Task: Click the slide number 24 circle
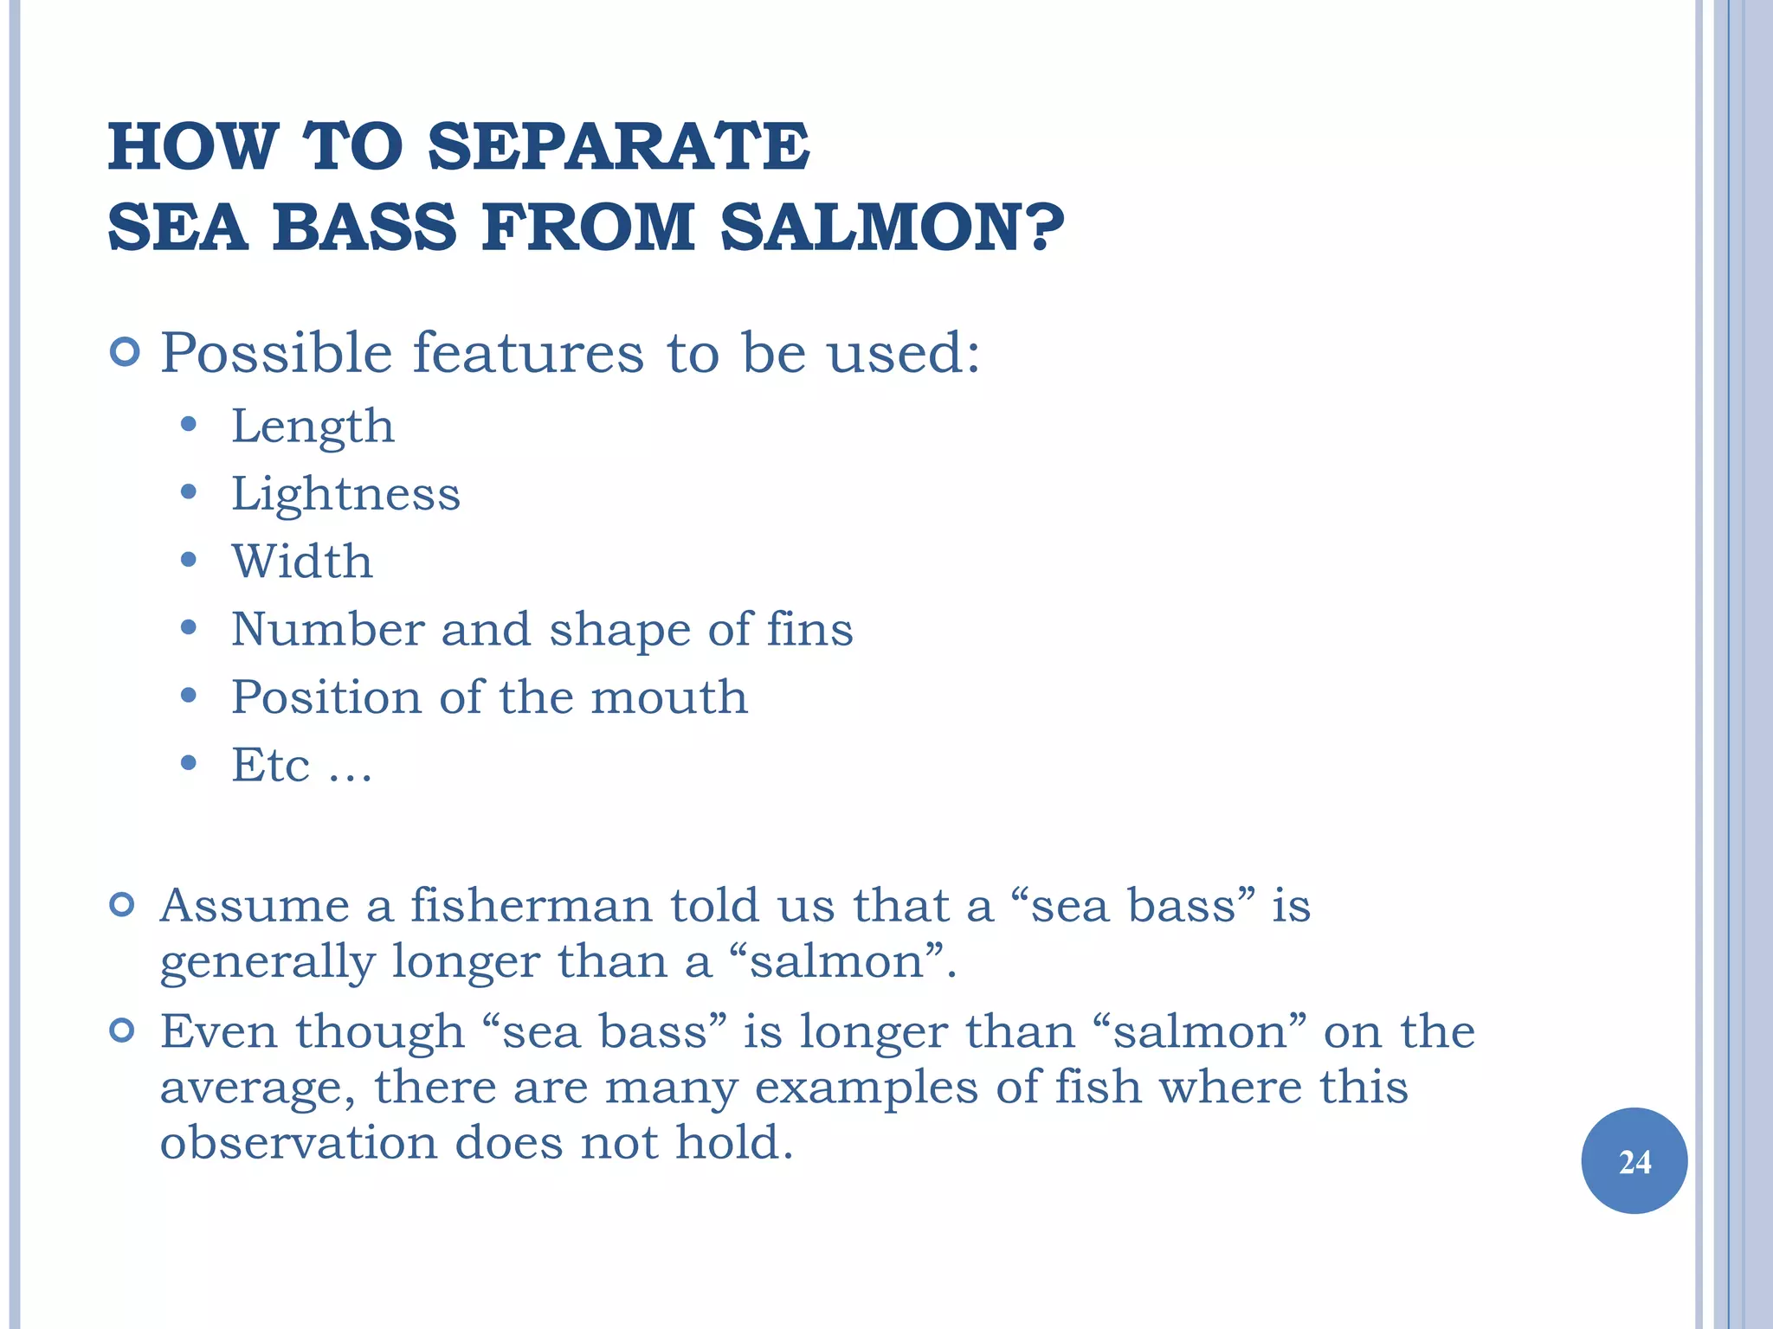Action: pyautogui.click(x=1634, y=1161)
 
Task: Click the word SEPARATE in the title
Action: pyautogui.click(x=618, y=146)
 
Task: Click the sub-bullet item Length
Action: pyautogui.click(x=313, y=427)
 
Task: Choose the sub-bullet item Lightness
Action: pyautogui.click(x=345, y=494)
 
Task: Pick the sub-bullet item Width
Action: pyautogui.click(x=302, y=562)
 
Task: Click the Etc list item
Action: pyautogui.click(x=300, y=765)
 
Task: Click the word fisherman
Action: pyautogui.click(x=531, y=906)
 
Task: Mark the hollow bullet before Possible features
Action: pyautogui.click(x=125, y=353)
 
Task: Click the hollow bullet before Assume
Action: pyautogui.click(x=123, y=905)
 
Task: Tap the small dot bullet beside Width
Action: pyautogui.click(x=189, y=560)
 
